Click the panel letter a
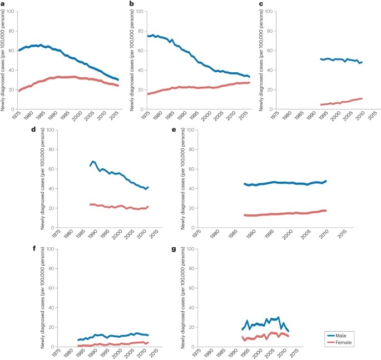[3, 3]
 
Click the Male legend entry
[345, 336]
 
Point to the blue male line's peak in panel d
[93, 162]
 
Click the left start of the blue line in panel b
[147, 36]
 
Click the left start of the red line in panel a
[19, 91]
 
